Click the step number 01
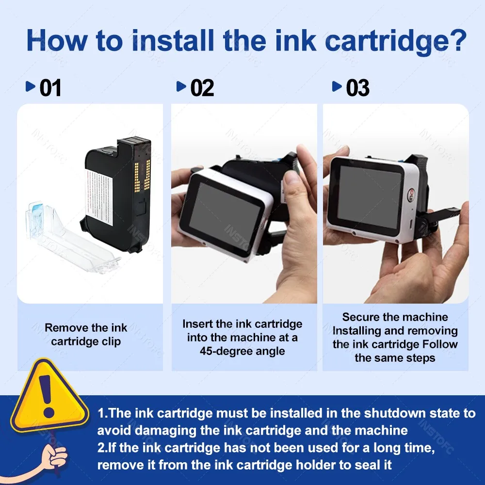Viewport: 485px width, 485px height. [x=50, y=88]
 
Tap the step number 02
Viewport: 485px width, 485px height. [x=202, y=88]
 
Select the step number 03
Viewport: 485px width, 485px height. [x=357, y=88]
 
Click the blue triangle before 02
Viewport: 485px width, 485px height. [x=181, y=87]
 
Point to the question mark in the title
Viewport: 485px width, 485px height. [x=457, y=41]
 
